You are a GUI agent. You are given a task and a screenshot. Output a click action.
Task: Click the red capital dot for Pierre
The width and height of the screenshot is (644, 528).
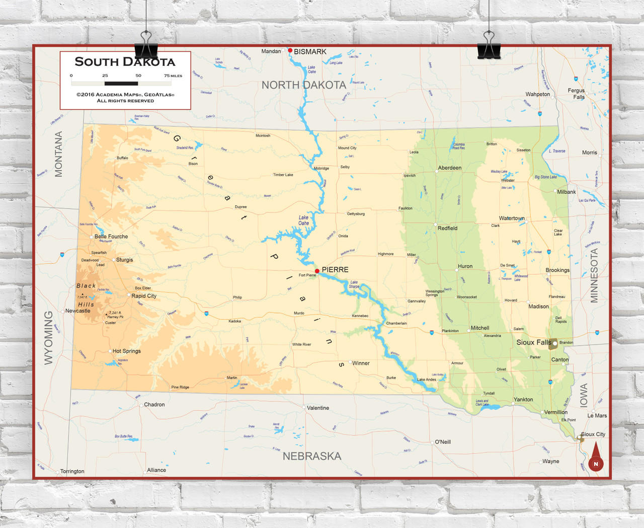pos(317,271)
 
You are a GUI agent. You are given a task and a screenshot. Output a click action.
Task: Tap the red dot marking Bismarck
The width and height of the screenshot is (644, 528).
pos(290,50)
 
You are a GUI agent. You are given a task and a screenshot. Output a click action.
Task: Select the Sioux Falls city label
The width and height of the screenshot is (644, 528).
pos(533,342)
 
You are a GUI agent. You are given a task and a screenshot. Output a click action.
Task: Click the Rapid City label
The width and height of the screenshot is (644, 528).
pos(144,296)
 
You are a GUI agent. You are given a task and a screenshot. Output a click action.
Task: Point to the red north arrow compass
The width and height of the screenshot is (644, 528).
pos(596,458)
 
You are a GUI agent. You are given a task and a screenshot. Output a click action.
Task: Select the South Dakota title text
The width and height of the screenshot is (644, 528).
pos(125,62)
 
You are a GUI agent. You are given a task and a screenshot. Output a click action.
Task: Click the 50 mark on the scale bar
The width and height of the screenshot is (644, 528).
pos(138,76)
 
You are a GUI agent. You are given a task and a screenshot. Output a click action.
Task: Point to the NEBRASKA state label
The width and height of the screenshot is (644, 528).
pos(312,456)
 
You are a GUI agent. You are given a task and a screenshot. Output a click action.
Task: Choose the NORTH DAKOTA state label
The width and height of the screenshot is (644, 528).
pos(304,85)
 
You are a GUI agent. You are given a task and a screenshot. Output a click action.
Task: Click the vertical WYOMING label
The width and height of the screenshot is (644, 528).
pos(48,337)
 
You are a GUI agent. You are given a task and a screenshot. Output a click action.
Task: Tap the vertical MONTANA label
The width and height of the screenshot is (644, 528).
pos(59,154)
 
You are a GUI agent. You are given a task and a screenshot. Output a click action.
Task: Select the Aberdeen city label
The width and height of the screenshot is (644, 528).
pos(450,168)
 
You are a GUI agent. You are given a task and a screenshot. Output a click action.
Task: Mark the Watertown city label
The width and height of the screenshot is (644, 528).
pos(512,218)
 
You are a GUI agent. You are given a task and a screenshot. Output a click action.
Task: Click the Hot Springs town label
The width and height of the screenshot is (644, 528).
pos(127,351)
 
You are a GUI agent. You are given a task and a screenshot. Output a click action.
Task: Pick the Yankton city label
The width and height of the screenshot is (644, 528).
pos(523,399)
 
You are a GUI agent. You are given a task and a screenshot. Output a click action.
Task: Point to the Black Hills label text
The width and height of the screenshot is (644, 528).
pos(86,295)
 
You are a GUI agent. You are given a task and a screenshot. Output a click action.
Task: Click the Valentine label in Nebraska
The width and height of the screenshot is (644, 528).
pos(318,408)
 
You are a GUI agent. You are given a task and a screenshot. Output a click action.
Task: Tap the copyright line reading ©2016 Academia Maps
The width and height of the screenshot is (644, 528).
pos(125,94)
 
